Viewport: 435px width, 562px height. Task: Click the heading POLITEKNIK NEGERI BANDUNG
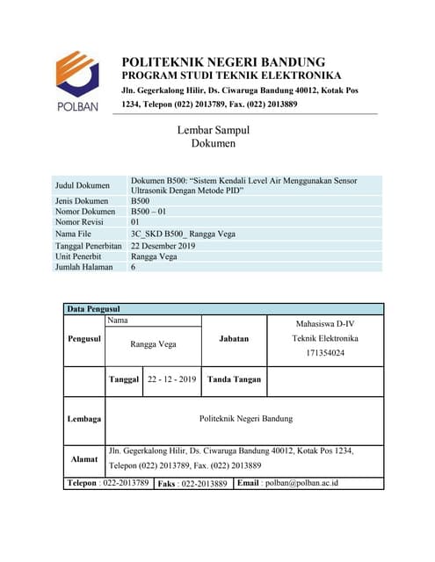[x=223, y=62]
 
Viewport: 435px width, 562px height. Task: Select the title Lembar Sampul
[x=214, y=130]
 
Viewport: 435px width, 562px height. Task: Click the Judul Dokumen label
[x=82, y=185]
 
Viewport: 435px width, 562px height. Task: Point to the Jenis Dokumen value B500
[x=140, y=201]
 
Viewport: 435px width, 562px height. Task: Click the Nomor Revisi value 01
[x=135, y=223]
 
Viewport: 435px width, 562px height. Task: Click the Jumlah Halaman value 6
[x=133, y=268]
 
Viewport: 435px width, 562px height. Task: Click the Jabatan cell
[x=234, y=338]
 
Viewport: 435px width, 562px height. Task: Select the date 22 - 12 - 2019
[x=172, y=379]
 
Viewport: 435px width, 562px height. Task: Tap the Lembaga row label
[x=84, y=419]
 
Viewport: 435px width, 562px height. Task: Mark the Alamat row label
[x=84, y=459]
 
